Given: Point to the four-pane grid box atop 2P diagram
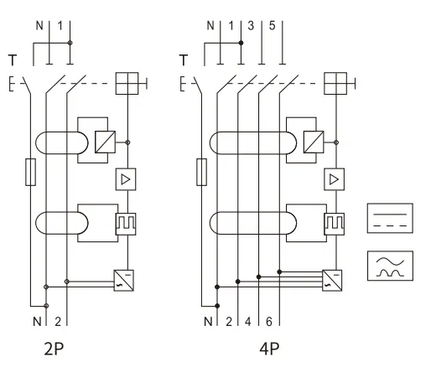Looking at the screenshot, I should [126, 82].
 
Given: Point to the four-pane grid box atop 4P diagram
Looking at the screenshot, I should [336, 82].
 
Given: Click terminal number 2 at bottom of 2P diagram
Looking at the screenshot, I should [58, 321].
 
